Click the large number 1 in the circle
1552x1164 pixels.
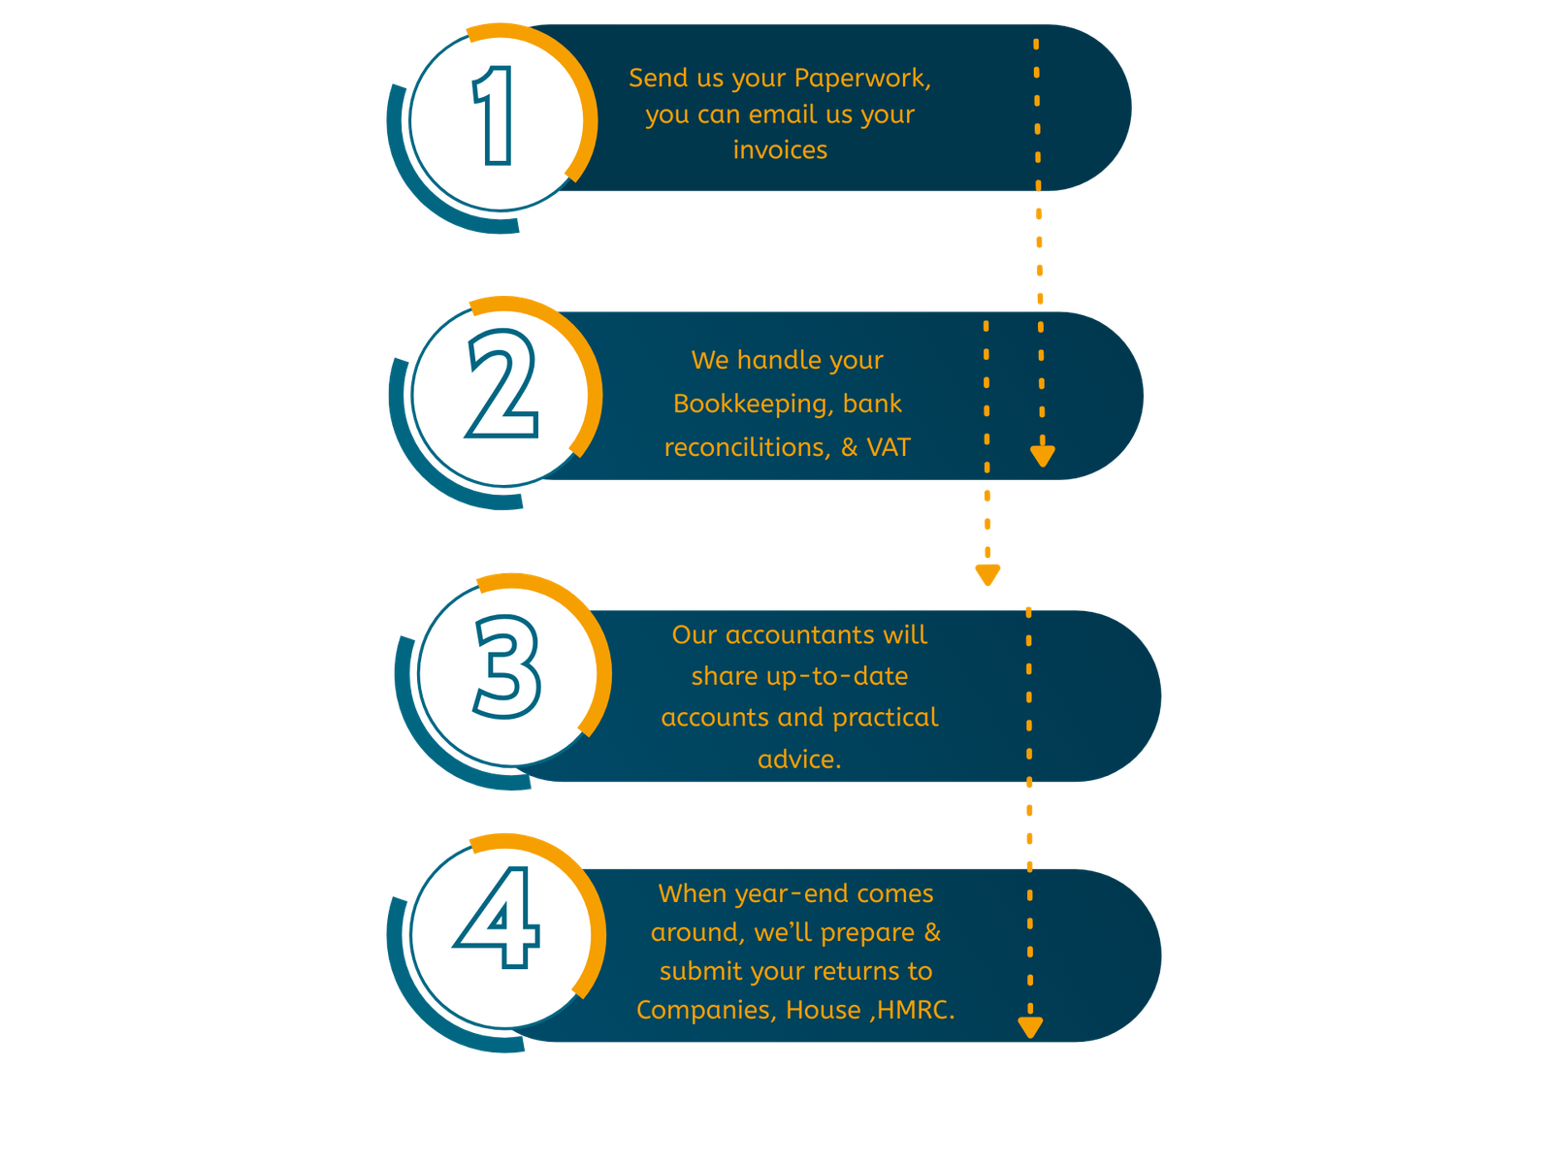point(495,116)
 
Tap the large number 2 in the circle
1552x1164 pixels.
point(502,385)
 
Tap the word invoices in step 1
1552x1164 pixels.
point(780,150)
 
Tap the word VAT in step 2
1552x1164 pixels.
point(889,447)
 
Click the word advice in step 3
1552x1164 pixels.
point(796,760)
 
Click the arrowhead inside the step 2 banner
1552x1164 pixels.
point(1043,454)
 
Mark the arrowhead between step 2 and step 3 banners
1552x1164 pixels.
point(987,574)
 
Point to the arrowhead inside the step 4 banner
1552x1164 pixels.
point(1030,1027)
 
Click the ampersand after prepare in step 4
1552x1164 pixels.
point(932,932)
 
